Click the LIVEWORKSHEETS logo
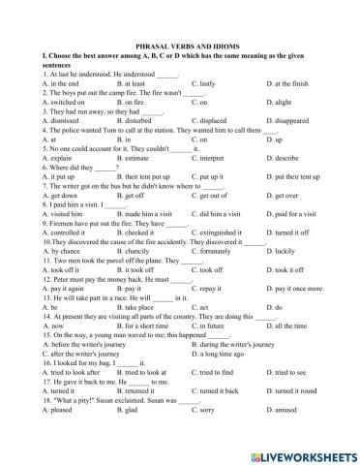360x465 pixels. pyautogui.click(x=300, y=452)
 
